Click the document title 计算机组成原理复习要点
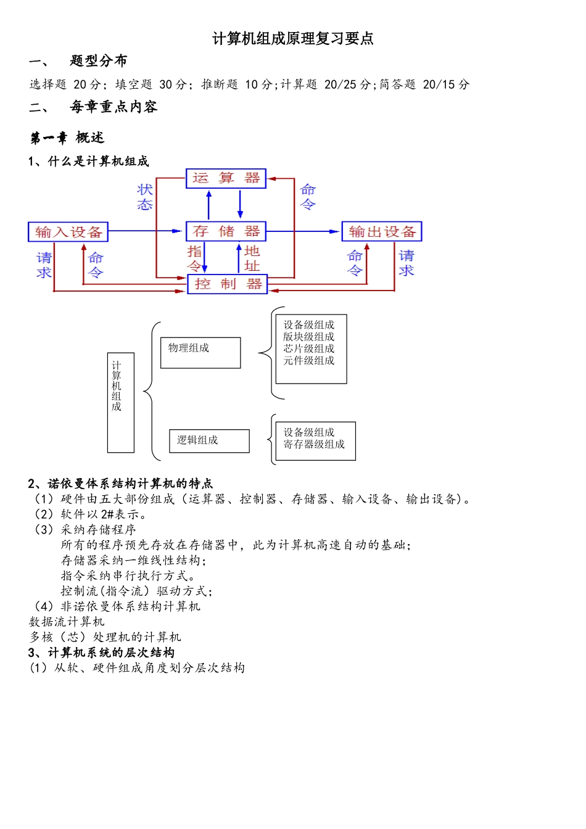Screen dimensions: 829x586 coord(293,39)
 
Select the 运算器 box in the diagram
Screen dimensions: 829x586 coord(226,178)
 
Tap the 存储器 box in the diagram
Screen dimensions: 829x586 coord(226,231)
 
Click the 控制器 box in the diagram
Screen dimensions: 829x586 coord(227,284)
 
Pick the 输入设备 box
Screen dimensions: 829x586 coord(68,232)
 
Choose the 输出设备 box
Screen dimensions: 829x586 coord(382,232)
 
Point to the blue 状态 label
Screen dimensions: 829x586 coord(145,197)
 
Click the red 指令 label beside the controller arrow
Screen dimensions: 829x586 coord(194,258)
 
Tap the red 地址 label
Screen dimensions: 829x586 coord(252,258)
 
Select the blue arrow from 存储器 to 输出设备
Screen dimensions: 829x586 coord(303,231)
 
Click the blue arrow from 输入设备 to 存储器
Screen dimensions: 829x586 coord(147,231)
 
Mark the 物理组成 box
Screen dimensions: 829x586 coord(200,353)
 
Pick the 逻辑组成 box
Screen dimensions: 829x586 coord(209,441)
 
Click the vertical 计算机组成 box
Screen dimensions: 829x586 coord(120,402)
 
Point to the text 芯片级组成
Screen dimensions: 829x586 coord(308,349)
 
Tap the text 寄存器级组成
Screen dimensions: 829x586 coord(314,444)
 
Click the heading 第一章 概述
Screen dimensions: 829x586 coord(67,138)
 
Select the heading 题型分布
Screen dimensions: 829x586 coord(99,60)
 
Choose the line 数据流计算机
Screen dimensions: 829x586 coord(67,622)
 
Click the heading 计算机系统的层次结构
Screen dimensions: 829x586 coord(111,653)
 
